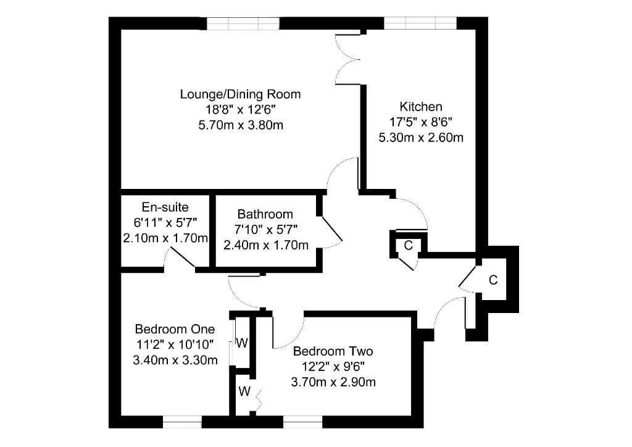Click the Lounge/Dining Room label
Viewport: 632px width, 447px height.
[240, 94]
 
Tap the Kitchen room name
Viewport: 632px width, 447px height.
[421, 107]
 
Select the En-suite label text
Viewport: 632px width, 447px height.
[165, 207]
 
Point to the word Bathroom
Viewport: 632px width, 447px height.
[265, 214]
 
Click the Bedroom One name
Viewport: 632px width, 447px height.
[175, 329]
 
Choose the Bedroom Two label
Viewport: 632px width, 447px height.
[333, 351]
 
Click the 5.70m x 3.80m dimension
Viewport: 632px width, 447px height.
[241, 125]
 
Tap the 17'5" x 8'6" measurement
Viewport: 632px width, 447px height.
[421, 122]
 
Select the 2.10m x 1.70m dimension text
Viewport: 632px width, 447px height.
[165, 238]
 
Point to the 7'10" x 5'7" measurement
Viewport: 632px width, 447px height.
[266, 229]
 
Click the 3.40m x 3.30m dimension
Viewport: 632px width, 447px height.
[175, 359]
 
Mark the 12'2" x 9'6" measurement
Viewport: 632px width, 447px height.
[333, 366]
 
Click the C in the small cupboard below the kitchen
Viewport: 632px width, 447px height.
[409, 245]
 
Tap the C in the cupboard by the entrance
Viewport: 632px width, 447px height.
[493, 280]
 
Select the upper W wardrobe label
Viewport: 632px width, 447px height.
[242, 343]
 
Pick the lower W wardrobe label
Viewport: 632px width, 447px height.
[244, 391]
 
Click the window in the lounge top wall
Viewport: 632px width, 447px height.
[243, 23]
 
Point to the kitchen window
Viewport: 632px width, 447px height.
[420, 23]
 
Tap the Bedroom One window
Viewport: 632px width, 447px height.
[182, 422]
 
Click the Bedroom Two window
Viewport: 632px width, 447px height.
[302, 422]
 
